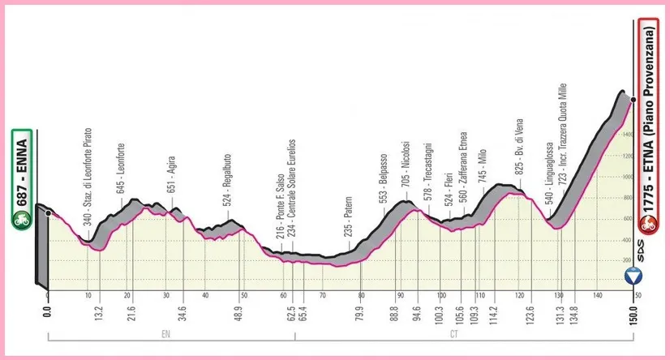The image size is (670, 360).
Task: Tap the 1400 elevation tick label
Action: [627, 156]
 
